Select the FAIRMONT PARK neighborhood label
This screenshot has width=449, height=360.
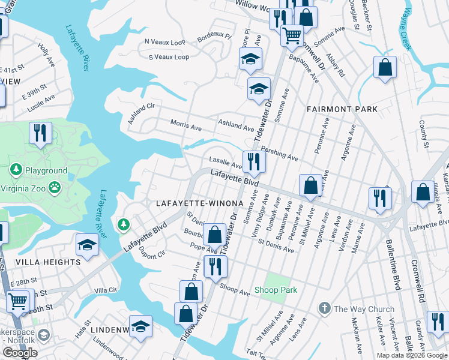click(342, 109)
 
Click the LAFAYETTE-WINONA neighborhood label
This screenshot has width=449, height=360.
click(199, 203)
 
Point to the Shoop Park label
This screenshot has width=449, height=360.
click(281, 290)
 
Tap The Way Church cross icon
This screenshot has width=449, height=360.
click(325, 309)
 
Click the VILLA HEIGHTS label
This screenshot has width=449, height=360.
click(40, 262)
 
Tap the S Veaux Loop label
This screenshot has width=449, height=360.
click(169, 57)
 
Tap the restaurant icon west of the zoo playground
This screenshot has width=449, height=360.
click(40, 134)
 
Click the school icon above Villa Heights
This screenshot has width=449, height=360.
click(87, 245)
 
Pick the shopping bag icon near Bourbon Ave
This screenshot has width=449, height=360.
click(214, 235)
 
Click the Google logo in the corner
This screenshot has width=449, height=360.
click(20, 353)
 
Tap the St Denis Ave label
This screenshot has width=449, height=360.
click(276, 246)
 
